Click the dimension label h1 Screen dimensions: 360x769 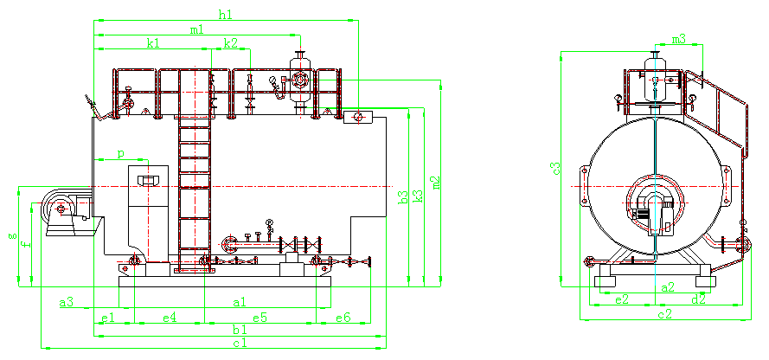[226, 15]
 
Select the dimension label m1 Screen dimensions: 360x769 [197, 30]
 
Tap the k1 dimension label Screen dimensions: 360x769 [153, 42]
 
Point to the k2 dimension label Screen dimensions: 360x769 [230, 42]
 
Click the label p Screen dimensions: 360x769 [120, 154]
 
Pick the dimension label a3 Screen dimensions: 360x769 [66, 302]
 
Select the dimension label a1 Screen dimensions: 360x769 [240, 302]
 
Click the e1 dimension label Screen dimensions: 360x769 [107, 318]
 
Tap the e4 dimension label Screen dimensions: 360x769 [170, 318]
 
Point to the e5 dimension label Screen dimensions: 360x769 [260, 318]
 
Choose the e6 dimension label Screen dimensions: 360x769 [343, 318]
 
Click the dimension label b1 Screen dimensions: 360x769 [240, 331]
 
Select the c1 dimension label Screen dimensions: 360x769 [240, 344]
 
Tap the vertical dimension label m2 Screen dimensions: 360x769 [437, 182]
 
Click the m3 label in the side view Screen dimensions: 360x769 [679, 39]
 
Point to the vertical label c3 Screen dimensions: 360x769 [556, 167]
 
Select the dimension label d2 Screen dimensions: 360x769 [698, 299]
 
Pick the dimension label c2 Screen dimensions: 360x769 [665, 314]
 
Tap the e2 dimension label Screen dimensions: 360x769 [621, 299]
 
